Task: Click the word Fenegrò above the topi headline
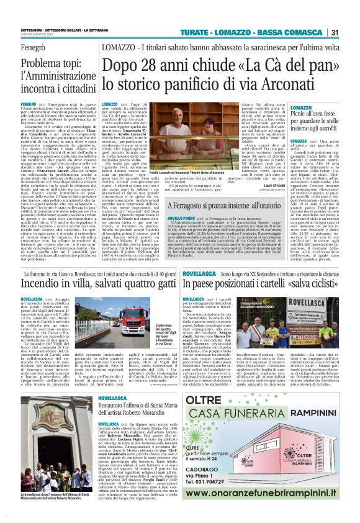tap(34, 47)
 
